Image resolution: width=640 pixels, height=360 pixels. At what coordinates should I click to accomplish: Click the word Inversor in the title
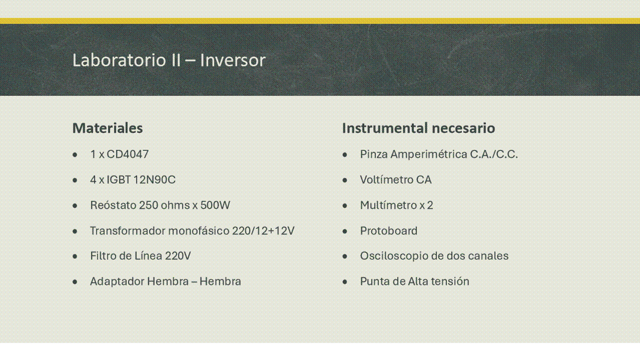coord(233,60)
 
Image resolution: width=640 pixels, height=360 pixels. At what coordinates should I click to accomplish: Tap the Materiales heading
coord(108,128)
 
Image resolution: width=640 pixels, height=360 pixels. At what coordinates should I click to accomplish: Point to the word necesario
coord(463,128)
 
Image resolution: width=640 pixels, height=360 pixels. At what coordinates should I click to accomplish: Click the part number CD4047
coord(128,154)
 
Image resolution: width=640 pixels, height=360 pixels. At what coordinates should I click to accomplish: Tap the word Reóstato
coord(113,205)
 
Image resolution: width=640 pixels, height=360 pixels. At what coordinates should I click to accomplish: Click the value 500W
coord(215,205)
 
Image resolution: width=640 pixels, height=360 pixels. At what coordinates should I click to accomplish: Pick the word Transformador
coord(128,230)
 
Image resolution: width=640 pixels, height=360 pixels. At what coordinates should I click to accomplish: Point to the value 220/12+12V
coord(263,230)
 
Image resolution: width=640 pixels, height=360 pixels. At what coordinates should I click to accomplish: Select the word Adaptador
coord(117,281)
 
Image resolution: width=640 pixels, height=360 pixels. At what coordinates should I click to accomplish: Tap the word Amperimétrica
coord(429,154)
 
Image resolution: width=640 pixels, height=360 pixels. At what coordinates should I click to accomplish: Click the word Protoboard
coord(389,230)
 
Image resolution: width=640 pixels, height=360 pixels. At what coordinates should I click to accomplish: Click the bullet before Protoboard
coord(345,231)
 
